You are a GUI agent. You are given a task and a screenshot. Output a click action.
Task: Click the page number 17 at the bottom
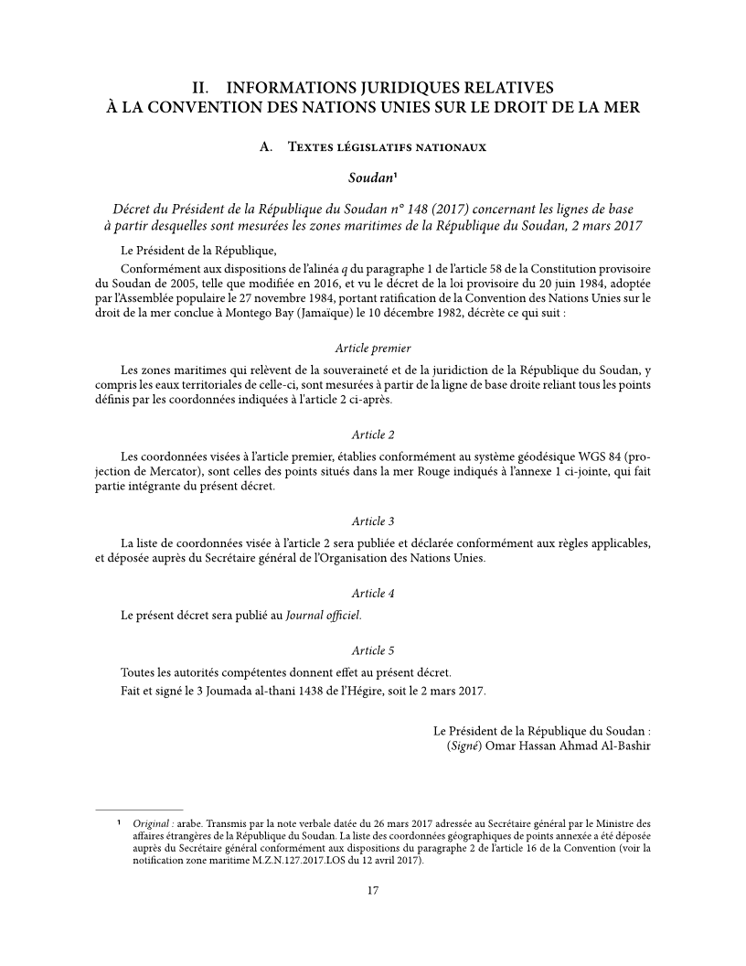pyautogui.click(x=373, y=890)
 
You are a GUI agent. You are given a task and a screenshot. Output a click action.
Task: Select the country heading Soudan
pyautogui.click(x=370, y=174)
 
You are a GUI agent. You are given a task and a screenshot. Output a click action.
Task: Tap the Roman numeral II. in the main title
pyautogui.click(x=202, y=89)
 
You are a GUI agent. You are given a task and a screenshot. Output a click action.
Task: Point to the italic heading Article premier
pyautogui.click(x=373, y=349)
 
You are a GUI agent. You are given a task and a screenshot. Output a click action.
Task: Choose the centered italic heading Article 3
pyautogui.click(x=373, y=521)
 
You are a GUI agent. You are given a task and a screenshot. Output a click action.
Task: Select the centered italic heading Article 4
pyautogui.click(x=373, y=593)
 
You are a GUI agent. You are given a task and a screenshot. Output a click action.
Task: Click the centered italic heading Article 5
pyautogui.click(x=373, y=650)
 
